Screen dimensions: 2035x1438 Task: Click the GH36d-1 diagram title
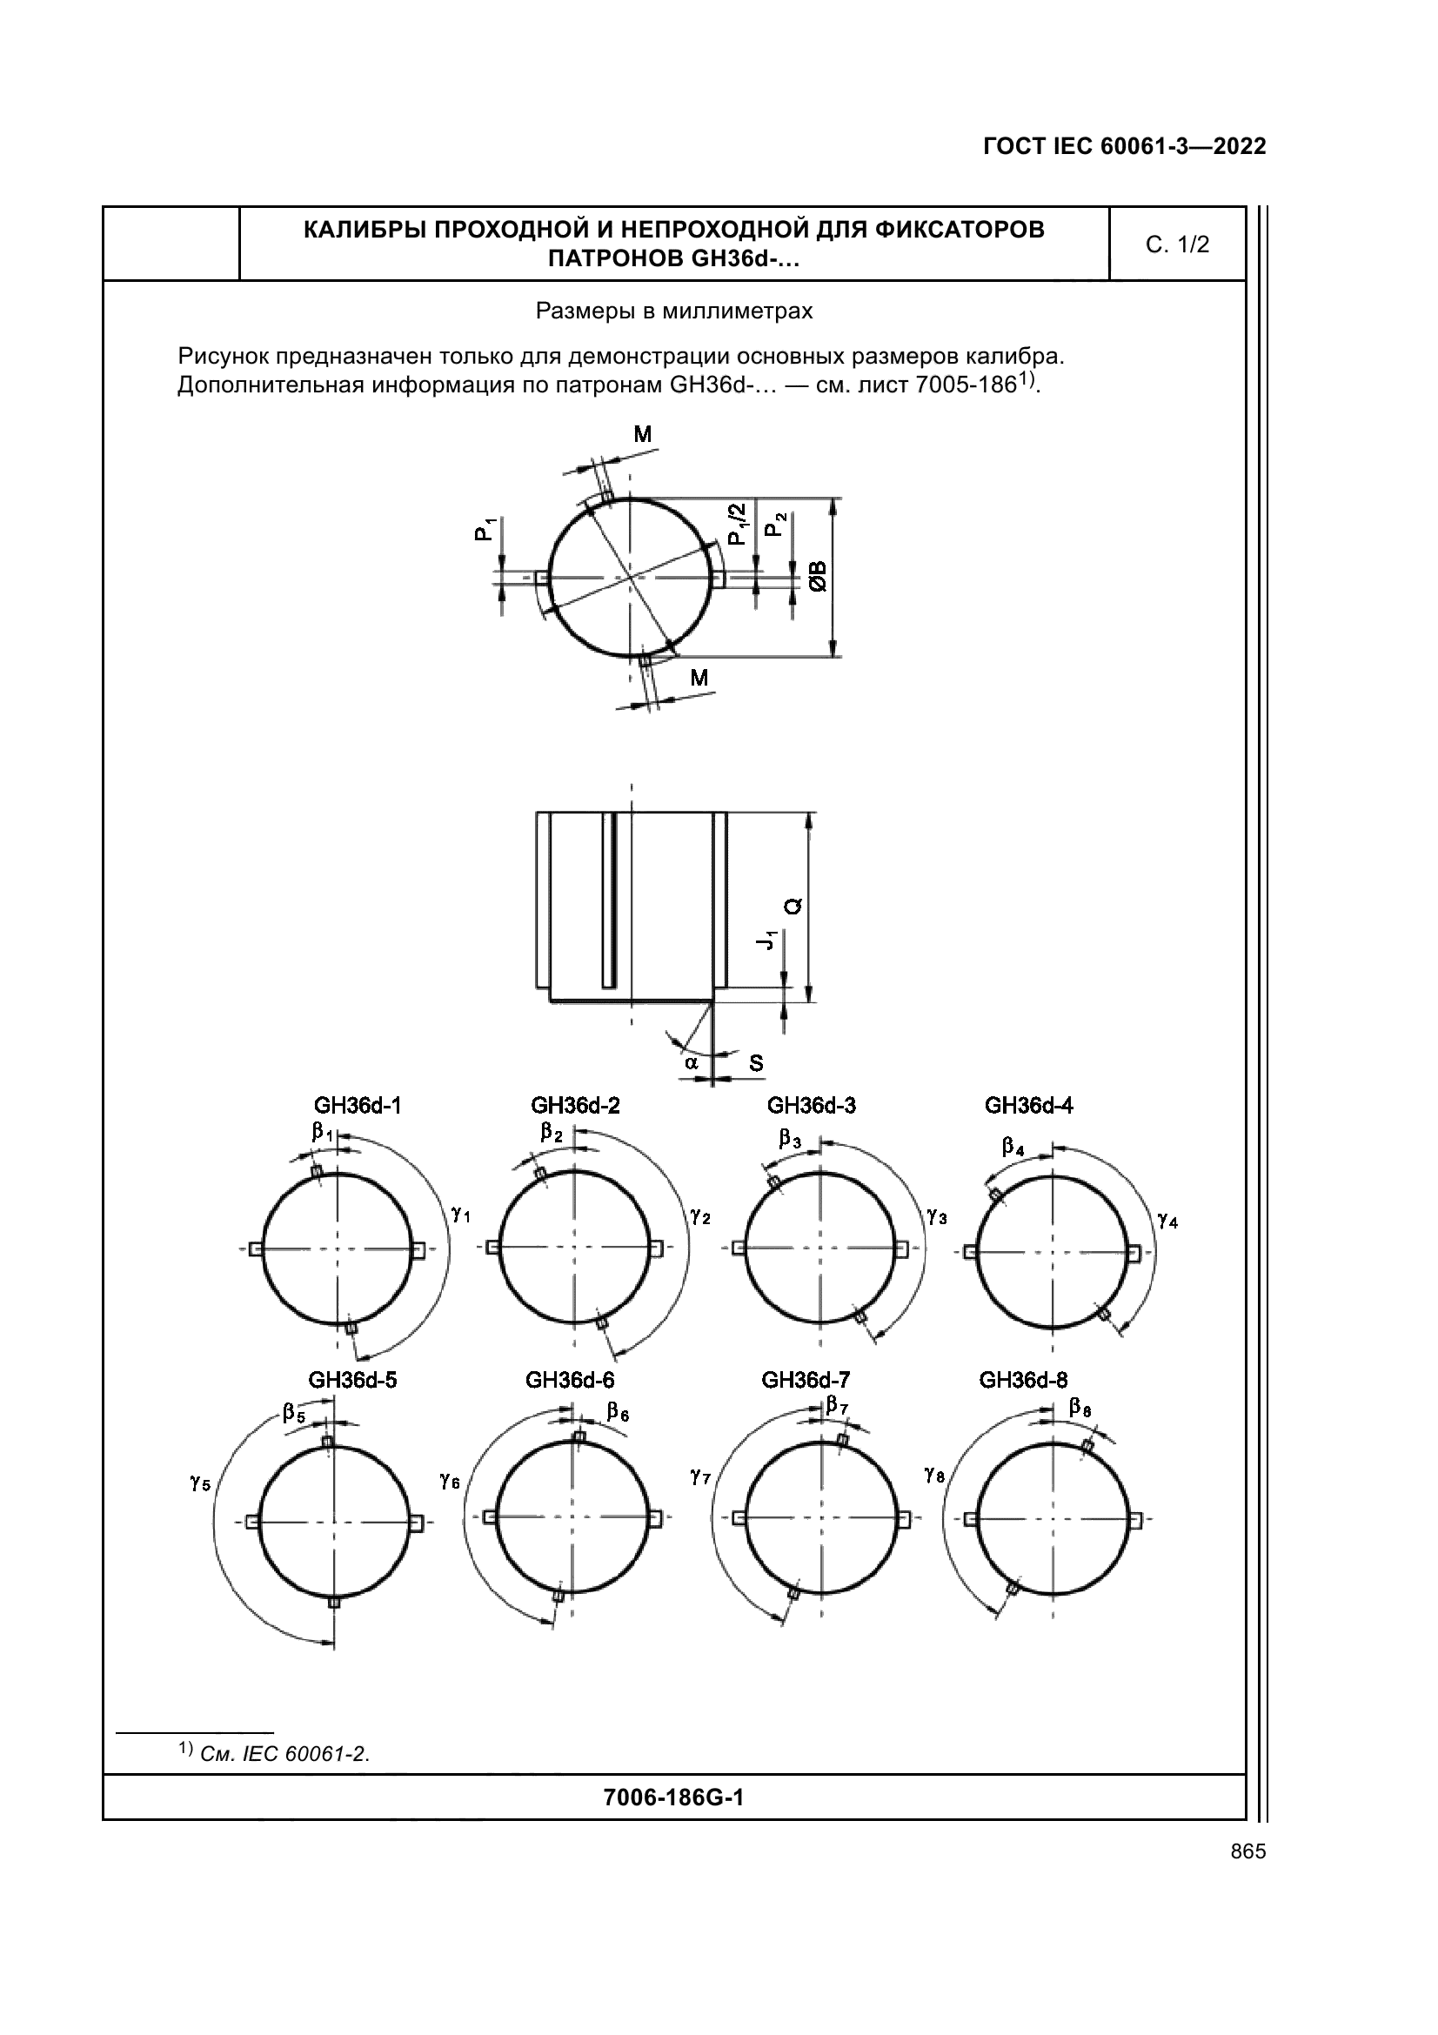coord(357,1105)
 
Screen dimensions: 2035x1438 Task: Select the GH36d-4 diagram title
coord(1028,1105)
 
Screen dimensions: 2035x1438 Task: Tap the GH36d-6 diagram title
coord(570,1380)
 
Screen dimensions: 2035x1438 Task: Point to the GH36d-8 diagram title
coord(1023,1380)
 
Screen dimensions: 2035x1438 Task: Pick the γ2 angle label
coord(700,1216)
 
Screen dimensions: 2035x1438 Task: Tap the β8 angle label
coord(1080,1407)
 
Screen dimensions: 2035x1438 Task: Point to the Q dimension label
coord(793,906)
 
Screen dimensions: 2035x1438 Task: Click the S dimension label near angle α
coord(756,1062)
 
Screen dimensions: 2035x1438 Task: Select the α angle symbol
coord(691,1061)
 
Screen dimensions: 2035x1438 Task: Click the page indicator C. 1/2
coord(1177,244)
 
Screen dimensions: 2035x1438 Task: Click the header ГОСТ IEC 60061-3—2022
coord(1124,147)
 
